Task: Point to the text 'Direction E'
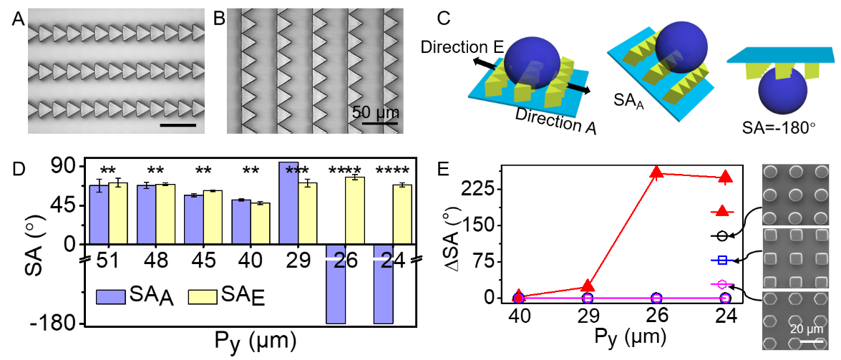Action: pyautogui.click(x=462, y=47)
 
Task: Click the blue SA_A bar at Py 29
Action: pyautogui.click(x=288, y=203)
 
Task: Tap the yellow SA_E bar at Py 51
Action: pyautogui.click(x=118, y=213)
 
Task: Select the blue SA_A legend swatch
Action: pyautogui.click(x=110, y=296)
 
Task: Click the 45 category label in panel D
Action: pyautogui.click(x=203, y=261)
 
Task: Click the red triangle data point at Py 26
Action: pyautogui.click(x=658, y=172)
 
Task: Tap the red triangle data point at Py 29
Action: pyautogui.click(x=588, y=286)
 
